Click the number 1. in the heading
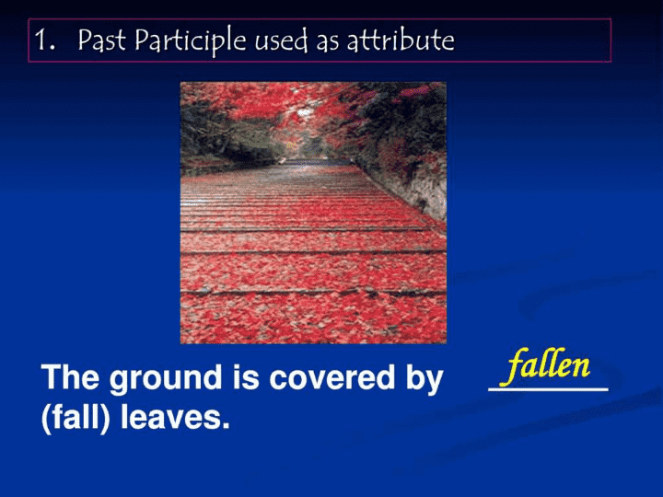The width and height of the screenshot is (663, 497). pyautogui.click(x=45, y=40)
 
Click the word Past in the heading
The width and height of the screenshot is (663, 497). pyautogui.click(x=102, y=40)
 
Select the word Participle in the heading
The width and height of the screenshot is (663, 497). pyautogui.click(x=191, y=41)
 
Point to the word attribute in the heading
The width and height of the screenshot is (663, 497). pyautogui.click(x=401, y=40)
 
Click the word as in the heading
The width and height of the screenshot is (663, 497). pyautogui.click(x=328, y=42)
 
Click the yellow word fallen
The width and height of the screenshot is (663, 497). pyautogui.click(x=548, y=366)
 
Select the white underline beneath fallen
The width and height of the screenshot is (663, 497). pyautogui.click(x=549, y=388)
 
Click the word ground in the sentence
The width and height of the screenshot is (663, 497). pyautogui.click(x=166, y=378)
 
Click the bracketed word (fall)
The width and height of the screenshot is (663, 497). pyautogui.click(x=76, y=418)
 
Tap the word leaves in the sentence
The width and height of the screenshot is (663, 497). pyautogui.click(x=170, y=417)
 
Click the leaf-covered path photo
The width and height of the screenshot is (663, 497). pyautogui.click(x=313, y=213)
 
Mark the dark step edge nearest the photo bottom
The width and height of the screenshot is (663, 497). pyautogui.click(x=313, y=293)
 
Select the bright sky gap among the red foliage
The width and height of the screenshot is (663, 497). pyautogui.click(x=305, y=112)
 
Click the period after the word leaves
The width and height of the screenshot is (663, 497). pyautogui.click(x=226, y=426)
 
